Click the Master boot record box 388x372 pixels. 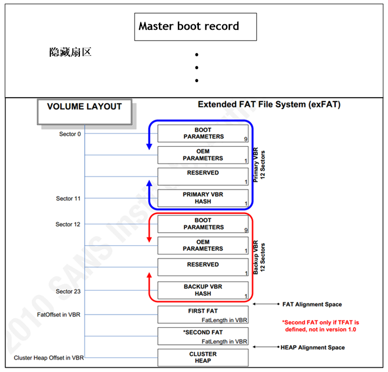(195, 27)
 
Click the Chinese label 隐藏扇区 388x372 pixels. (70, 52)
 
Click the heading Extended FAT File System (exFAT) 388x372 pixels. (269, 104)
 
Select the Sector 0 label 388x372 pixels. (70, 134)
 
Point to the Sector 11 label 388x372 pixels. (68, 199)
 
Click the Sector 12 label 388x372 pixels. (68, 224)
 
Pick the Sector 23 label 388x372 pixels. (68, 292)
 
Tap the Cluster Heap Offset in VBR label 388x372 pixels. (48, 358)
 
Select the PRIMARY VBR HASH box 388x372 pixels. (203, 198)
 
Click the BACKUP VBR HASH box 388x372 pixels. (203, 290)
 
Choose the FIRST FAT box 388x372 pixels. (203, 315)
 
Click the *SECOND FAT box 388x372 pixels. (203, 336)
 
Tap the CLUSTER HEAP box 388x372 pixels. (203, 357)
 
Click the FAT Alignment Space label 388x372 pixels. (312, 305)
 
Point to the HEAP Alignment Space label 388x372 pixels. (312, 347)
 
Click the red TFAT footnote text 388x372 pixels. (321, 326)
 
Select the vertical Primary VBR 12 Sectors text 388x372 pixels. (259, 165)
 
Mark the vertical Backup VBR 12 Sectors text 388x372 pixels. (259, 257)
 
